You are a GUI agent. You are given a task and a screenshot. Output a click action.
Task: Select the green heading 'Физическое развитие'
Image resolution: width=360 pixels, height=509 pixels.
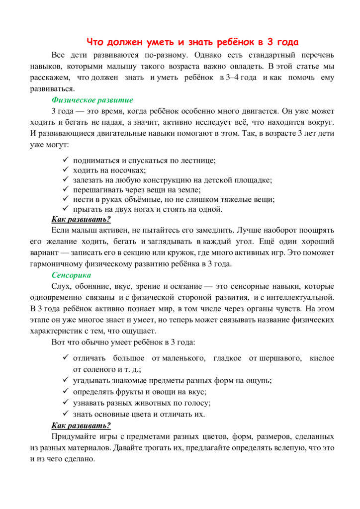click(86, 100)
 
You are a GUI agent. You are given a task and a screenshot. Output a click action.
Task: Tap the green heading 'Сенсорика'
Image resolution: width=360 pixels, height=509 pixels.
click(71, 275)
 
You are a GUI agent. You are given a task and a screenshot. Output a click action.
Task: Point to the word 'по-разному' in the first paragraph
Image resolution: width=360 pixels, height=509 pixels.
click(167, 55)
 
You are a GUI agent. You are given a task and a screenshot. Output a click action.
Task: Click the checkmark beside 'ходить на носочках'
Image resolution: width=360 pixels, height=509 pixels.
click(66, 170)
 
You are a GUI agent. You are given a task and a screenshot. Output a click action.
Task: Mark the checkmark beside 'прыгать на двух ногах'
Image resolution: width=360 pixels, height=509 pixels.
click(66, 209)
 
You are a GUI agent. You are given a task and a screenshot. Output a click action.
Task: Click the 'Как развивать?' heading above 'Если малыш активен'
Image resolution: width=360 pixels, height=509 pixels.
click(81, 219)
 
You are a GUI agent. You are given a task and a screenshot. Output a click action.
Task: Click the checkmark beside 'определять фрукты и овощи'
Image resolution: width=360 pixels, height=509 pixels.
click(66, 392)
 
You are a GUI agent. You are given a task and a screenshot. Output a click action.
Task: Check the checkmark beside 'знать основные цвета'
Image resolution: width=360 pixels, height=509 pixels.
click(66, 414)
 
